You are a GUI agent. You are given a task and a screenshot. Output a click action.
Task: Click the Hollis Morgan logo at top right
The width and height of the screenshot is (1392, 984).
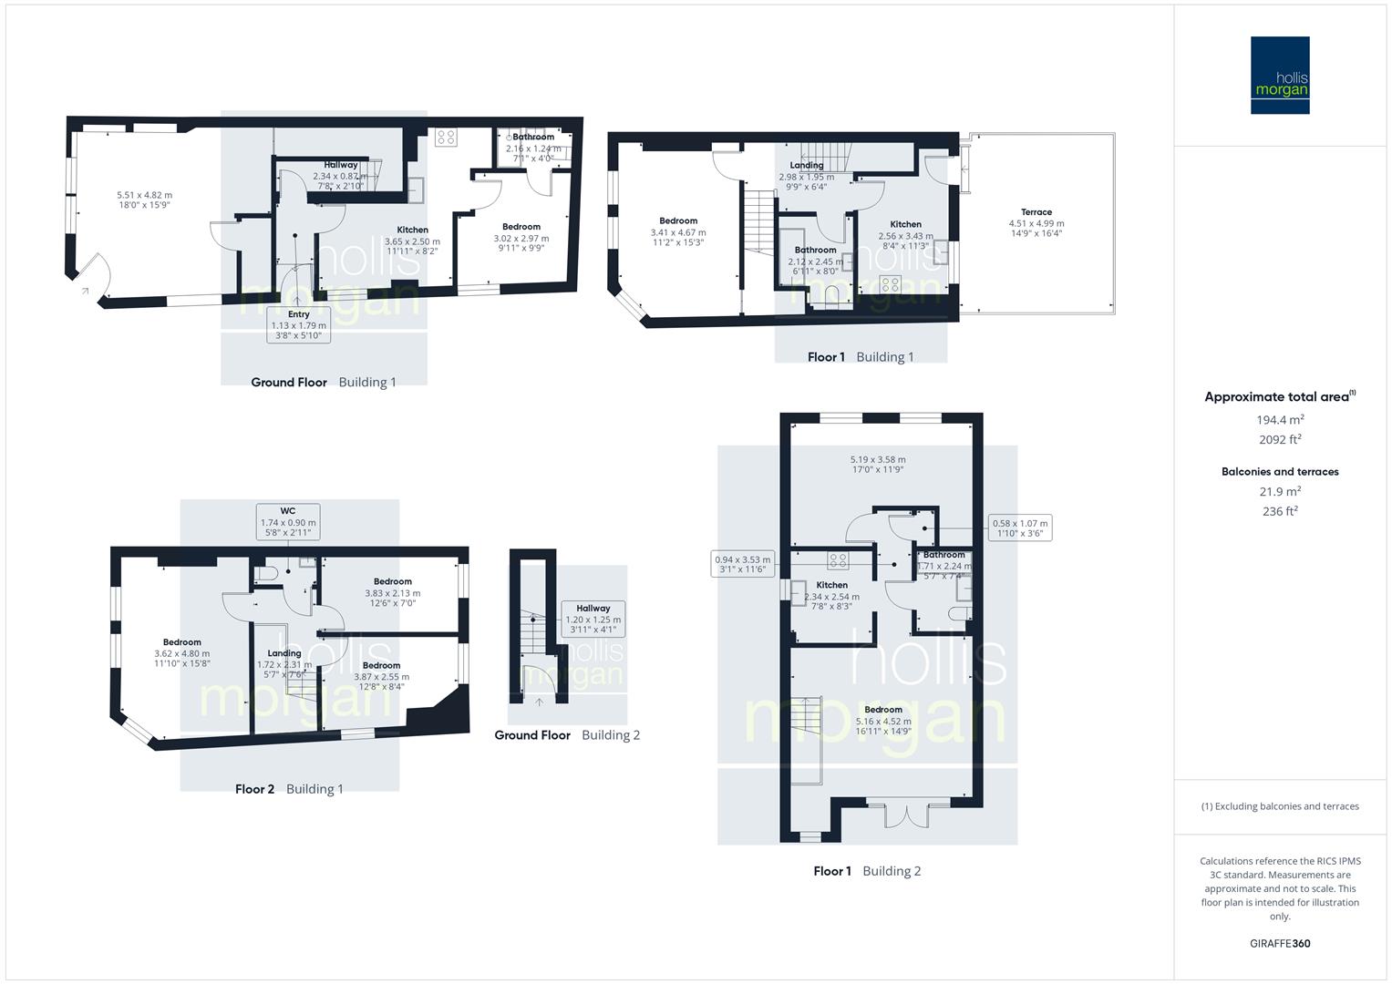1279,75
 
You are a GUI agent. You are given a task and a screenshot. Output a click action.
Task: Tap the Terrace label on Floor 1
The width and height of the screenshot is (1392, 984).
1036,212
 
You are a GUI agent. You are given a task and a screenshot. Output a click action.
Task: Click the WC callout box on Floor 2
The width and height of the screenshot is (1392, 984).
288,522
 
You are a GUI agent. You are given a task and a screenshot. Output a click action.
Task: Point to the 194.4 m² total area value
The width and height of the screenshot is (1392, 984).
1280,420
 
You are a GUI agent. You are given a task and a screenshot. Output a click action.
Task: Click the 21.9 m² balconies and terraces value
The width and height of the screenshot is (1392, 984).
1280,492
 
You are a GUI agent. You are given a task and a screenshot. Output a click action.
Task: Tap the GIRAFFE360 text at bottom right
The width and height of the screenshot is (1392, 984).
1280,943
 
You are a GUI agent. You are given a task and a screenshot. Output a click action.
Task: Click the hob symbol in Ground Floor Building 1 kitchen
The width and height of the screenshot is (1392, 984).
446,138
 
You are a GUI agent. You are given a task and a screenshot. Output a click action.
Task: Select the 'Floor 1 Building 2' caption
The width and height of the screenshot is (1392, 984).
867,871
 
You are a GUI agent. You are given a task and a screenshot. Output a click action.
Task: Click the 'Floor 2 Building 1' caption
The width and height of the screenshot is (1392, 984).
289,789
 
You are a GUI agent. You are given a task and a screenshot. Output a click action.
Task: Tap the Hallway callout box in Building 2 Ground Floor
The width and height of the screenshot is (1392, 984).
593,619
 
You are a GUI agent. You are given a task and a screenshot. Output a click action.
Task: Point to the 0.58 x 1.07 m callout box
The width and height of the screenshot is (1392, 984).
1020,528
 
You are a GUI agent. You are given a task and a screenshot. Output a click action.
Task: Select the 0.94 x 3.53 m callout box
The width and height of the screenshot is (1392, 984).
742,564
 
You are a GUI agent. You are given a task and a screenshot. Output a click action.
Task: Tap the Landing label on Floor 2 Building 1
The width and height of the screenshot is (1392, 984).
284,653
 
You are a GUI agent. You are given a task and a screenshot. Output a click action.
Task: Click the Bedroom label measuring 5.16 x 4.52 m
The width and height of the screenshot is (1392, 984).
882,710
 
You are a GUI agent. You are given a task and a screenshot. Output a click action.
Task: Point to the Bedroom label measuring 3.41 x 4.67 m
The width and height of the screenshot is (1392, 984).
678,220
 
